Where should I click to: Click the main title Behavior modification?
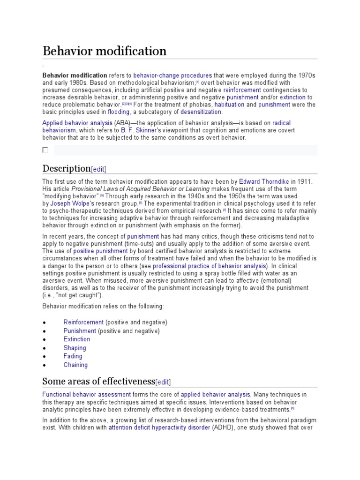pos(105,51)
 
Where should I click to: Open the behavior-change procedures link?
pos(172,75)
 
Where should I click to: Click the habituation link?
pos(227,104)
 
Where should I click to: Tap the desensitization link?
pos(200,112)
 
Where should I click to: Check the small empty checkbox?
pos(45,150)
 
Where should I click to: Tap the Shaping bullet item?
pos(75,348)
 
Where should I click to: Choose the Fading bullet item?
pos(73,356)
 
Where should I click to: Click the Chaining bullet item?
pos(75,365)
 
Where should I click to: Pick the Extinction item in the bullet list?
pos(77,339)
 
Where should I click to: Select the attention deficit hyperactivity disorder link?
pos(159,427)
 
